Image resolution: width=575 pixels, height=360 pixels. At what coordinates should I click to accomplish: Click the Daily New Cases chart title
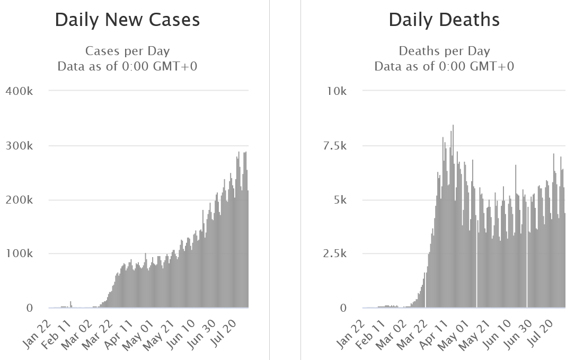127,20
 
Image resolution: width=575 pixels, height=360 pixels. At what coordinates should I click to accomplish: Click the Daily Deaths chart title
444,20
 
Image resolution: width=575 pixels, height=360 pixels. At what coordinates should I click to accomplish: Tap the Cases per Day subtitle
128,51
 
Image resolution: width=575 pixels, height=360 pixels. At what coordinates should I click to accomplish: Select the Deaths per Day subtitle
444,51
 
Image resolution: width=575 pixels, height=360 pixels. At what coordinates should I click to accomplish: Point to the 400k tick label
19,91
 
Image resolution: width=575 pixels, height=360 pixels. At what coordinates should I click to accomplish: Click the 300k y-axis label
19,146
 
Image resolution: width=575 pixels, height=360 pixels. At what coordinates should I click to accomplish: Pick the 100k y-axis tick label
19,253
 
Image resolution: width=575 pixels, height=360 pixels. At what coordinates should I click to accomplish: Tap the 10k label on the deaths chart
337,91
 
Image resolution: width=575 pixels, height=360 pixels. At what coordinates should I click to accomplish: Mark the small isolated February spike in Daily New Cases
70,304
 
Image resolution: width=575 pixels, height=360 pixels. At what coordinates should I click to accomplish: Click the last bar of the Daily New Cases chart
247,249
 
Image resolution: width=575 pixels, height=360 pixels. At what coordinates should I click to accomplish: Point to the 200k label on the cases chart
19,200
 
